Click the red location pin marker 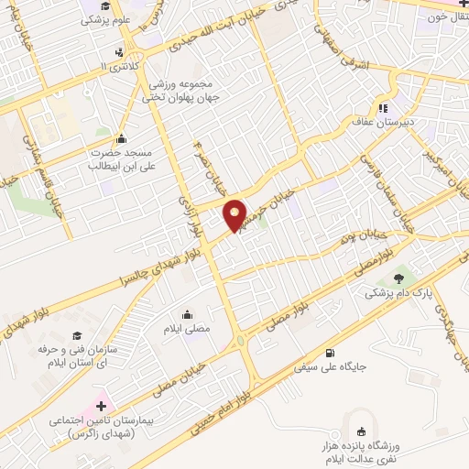pos(236,214)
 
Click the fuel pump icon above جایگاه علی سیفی pos(330,353)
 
